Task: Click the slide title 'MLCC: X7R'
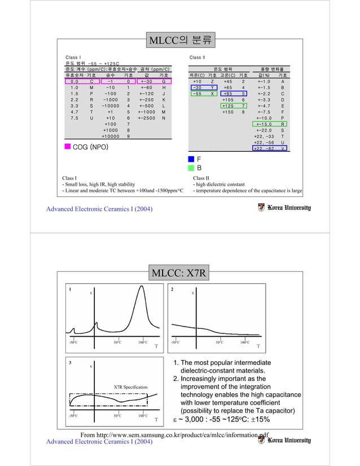click(179, 274)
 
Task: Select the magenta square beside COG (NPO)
click(67, 147)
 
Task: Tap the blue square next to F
click(192, 159)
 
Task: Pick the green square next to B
click(192, 168)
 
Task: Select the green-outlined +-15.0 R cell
click(270, 124)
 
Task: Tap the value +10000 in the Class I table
click(111, 137)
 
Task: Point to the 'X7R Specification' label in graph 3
click(130, 387)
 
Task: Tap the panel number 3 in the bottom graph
click(70, 362)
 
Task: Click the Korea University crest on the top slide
click(261, 208)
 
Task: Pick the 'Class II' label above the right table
click(197, 58)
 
